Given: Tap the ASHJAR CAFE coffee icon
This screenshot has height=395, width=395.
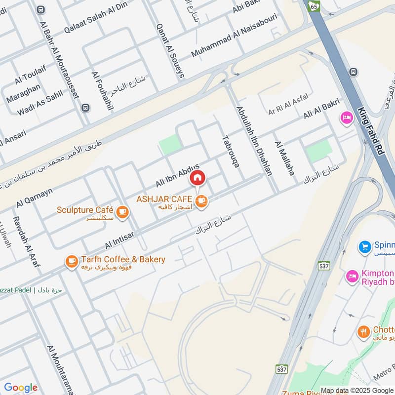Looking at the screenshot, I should coord(201,200).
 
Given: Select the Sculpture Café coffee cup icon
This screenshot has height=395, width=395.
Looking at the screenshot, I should coord(123,212).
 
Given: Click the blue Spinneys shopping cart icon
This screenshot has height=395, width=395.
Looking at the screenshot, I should coord(365,245).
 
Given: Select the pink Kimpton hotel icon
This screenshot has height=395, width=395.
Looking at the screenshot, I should coord(352,276).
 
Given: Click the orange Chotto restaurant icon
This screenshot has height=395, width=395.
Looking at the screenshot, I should coord(364,332).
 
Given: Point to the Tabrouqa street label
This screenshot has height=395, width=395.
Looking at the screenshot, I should coord(231,151).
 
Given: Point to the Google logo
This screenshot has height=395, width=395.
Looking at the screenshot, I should coord(21,388).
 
